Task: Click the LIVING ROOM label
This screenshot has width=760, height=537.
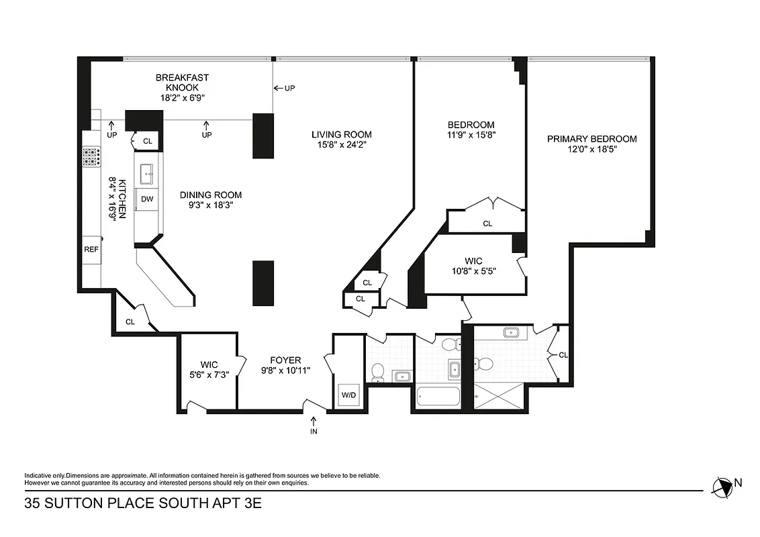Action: pos(341,134)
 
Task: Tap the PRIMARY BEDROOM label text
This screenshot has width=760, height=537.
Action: pos(591,139)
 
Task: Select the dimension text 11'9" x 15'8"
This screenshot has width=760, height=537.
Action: pos(471,135)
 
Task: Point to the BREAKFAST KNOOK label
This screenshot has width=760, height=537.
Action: pos(182,83)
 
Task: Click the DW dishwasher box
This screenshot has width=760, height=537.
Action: pos(147,199)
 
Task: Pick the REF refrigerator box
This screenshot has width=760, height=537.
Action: pos(91,249)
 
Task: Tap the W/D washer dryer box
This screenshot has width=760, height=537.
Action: pos(349,395)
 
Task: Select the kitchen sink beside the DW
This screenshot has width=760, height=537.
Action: pos(147,175)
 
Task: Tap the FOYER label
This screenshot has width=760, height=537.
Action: pos(286,360)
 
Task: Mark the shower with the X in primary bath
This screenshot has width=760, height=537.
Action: pos(500,396)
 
